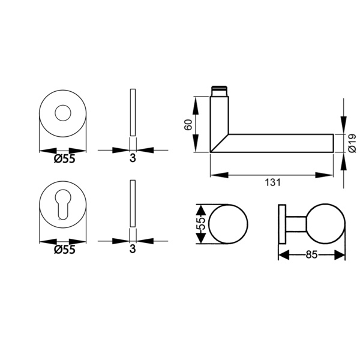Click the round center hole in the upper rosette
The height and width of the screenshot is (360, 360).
(x=63, y=113)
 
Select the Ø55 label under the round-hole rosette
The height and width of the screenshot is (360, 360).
(x=65, y=158)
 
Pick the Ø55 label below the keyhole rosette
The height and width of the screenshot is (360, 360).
(x=65, y=250)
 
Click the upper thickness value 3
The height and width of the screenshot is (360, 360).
(x=133, y=158)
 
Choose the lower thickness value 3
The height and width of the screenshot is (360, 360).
(x=133, y=249)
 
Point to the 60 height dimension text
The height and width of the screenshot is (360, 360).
(x=188, y=125)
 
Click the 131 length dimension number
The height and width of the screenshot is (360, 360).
(x=273, y=182)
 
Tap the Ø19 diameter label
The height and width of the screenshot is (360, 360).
(x=352, y=143)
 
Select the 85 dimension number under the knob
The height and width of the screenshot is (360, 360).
(x=311, y=254)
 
